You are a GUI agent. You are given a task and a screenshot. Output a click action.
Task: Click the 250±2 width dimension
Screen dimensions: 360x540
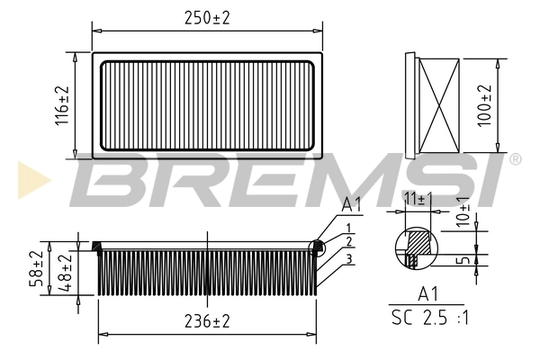click(x=207, y=17)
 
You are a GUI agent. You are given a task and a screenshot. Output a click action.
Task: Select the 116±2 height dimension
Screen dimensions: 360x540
click(x=62, y=106)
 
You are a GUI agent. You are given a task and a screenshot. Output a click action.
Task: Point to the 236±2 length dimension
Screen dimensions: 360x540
click(x=208, y=321)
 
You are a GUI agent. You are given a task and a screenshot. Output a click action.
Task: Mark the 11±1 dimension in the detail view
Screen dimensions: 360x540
click(x=416, y=196)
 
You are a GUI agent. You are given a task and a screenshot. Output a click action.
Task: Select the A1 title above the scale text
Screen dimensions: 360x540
click(x=427, y=294)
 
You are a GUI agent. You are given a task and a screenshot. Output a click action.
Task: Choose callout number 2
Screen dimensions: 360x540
click(x=346, y=242)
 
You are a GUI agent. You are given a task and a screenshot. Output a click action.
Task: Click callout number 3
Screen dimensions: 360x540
click(x=346, y=258)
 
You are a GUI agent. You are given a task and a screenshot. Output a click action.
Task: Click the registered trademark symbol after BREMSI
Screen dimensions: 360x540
click(x=515, y=159)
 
